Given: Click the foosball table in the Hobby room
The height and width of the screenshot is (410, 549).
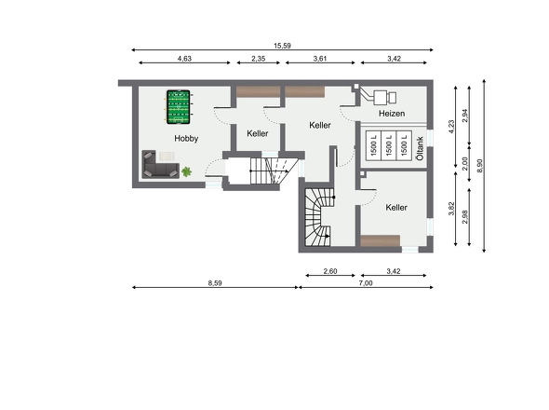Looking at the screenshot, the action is (x=179, y=107).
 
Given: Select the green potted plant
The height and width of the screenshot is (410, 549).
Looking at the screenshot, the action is (x=187, y=171).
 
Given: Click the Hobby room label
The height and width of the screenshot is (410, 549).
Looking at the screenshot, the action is (x=186, y=138).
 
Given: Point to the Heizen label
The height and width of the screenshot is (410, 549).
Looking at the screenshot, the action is (x=392, y=114).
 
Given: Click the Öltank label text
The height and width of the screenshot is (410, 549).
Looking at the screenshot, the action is (x=420, y=148).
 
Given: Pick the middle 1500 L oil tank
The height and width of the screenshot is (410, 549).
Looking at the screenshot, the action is (x=389, y=145).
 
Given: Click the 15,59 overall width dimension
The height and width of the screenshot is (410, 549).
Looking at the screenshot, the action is (x=282, y=46).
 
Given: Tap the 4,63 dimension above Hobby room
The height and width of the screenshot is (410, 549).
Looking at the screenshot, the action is (x=184, y=59).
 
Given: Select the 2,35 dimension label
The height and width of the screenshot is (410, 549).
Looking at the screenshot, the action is (x=259, y=59).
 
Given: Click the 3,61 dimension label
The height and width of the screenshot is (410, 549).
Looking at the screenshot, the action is (x=320, y=59).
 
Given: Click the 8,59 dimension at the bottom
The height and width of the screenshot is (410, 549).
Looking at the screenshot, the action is (x=215, y=283).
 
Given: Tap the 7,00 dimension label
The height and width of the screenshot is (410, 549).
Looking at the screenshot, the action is (x=366, y=283).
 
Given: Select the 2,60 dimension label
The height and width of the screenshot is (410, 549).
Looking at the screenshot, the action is (x=330, y=271).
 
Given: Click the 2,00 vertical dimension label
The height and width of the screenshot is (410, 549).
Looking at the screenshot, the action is (x=465, y=163).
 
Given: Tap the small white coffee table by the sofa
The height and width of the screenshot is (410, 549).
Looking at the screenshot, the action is (x=167, y=156).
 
